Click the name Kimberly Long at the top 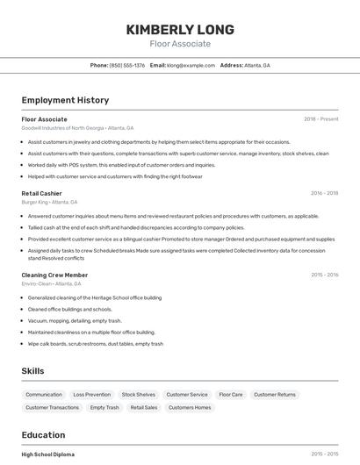pyautogui.click(x=180, y=29)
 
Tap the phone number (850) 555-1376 pyautogui.click(x=127, y=65)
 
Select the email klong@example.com pyautogui.click(x=191, y=65)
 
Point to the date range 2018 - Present pyautogui.click(x=320, y=118)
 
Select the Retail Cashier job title pyautogui.click(x=42, y=193)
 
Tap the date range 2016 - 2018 pyautogui.click(x=324, y=193)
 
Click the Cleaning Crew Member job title pyautogui.click(x=54, y=275)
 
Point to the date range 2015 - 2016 pyautogui.click(x=324, y=275)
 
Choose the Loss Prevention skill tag pyautogui.click(x=92, y=395)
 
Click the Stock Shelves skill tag pyautogui.click(x=139, y=395)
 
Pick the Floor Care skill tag pyautogui.click(x=231, y=395)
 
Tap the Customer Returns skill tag pyautogui.click(x=275, y=395)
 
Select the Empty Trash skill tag pyautogui.click(x=104, y=407)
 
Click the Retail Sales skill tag pyautogui.click(x=144, y=407)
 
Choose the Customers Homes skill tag pyautogui.click(x=190, y=407)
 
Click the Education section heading pyautogui.click(x=43, y=434)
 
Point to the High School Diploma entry pyautogui.click(x=48, y=454)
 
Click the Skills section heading pyautogui.click(x=32, y=371)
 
